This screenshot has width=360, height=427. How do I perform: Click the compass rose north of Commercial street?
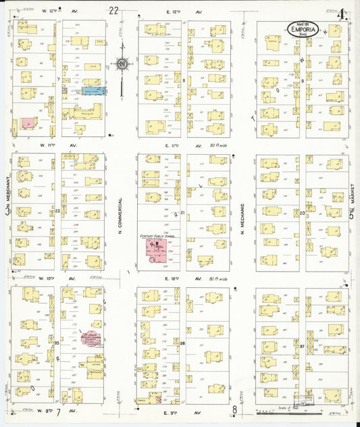tap(122, 64)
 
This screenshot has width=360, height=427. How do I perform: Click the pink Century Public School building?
tap(156, 250)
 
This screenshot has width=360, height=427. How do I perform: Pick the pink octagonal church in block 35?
tap(88, 338)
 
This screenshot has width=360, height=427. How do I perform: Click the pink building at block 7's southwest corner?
tap(28, 124)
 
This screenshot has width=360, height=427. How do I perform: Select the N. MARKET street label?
tap(352, 202)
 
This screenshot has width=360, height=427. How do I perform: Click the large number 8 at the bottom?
tap(235, 410)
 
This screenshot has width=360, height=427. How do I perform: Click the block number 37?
tap(303, 346)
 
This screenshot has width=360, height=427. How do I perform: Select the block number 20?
tap(302, 213)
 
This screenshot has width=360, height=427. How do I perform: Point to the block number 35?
tap(57, 343)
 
